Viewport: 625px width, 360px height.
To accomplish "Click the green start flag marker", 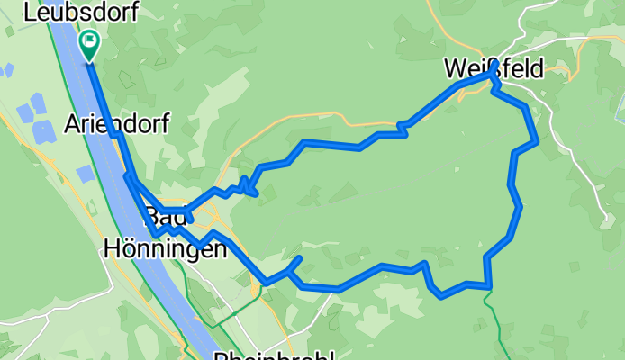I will click(x=90, y=44).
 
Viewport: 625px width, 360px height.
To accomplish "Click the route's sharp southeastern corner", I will click(x=488, y=286).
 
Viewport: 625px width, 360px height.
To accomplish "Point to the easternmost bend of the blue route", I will click(x=537, y=140).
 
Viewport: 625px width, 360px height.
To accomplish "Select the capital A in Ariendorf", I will click(x=72, y=123).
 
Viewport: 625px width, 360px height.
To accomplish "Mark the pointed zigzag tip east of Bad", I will click(x=258, y=193).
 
